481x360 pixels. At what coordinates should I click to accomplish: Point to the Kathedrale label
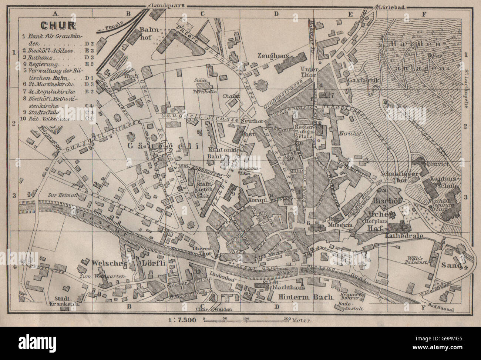point(404,235)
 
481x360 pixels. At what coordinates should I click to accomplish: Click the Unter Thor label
point(310,71)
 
